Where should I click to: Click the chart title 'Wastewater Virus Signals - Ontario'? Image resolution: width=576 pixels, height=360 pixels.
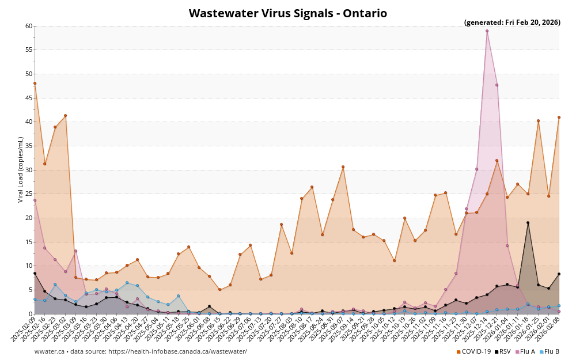(287, 13)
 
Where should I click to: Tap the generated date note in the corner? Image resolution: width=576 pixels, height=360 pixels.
(512, 22)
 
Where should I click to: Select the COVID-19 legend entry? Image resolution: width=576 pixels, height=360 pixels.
(475, 351)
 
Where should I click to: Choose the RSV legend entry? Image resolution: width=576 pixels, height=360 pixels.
(502, 351)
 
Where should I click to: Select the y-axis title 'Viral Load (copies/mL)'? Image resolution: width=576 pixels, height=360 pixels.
(21, 169)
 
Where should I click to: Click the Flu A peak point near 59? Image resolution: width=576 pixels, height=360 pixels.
(487, 31)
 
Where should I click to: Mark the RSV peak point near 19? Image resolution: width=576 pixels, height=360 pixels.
(528, 223)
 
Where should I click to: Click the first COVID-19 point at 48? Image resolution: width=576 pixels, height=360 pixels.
(35, 84)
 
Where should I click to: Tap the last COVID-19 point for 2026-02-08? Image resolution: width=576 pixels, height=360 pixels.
(559, 118)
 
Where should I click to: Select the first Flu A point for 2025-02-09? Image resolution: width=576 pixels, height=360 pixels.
(35, 200)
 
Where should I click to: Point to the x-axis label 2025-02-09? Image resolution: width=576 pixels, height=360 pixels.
(23, 328)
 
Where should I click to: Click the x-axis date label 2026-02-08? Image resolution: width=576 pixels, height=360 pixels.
(547, 328)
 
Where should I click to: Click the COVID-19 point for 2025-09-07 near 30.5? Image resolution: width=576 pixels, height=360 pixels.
(343, 167)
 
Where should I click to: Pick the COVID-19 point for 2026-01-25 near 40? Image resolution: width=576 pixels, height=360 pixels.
(538, 121)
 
